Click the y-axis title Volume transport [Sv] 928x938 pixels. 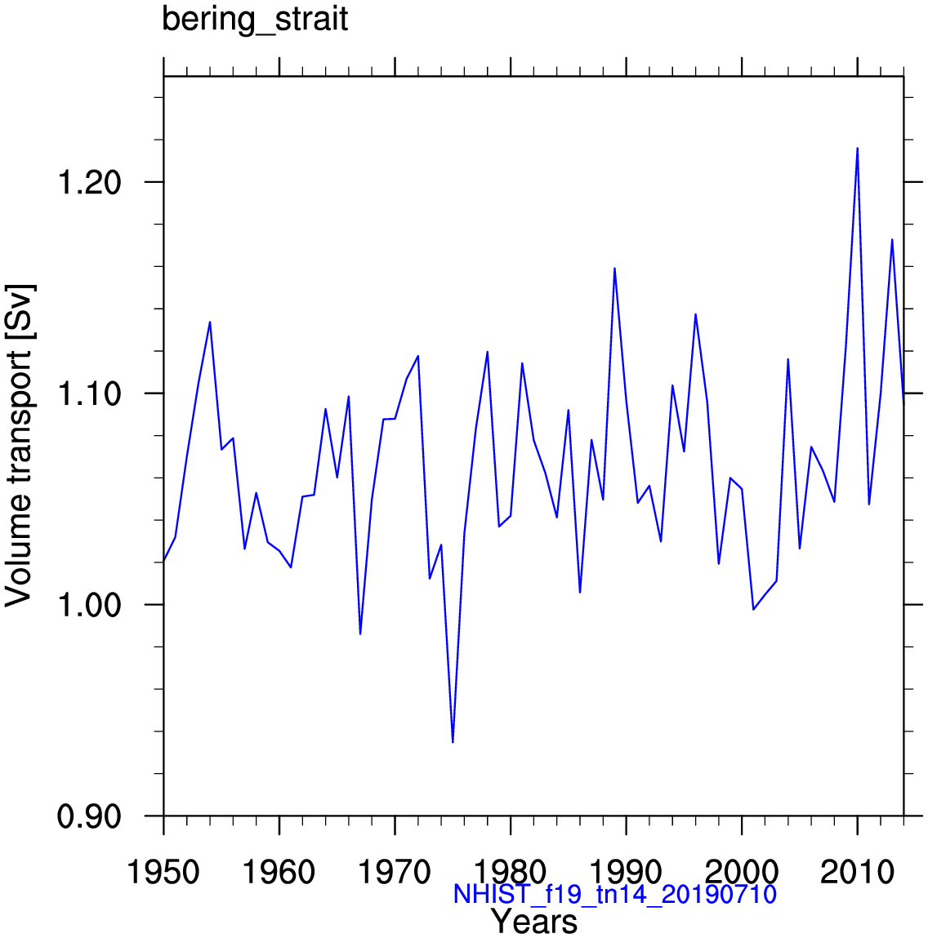(20, 446)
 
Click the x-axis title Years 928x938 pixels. (534, 922)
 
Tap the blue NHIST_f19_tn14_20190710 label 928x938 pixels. (614, 895)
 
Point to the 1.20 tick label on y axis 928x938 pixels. (87, 182)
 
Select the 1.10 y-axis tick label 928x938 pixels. (87, 393)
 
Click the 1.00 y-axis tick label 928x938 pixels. (87, 605)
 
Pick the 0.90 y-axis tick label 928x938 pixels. (87, 816)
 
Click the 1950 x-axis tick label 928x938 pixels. (163, 873)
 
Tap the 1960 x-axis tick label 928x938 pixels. (279, 873)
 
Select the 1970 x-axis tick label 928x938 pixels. (395, 873)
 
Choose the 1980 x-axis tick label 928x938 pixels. (511, 873)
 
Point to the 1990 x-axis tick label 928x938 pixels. (626, 873)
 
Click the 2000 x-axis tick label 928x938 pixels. (741, 873)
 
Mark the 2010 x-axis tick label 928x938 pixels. (857, 873)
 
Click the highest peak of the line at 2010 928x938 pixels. (857, 149)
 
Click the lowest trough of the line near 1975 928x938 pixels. (453, 741)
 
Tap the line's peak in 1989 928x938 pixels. (614, 269)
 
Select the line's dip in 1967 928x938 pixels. (360, 633)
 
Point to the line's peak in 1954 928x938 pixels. (210, 322)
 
